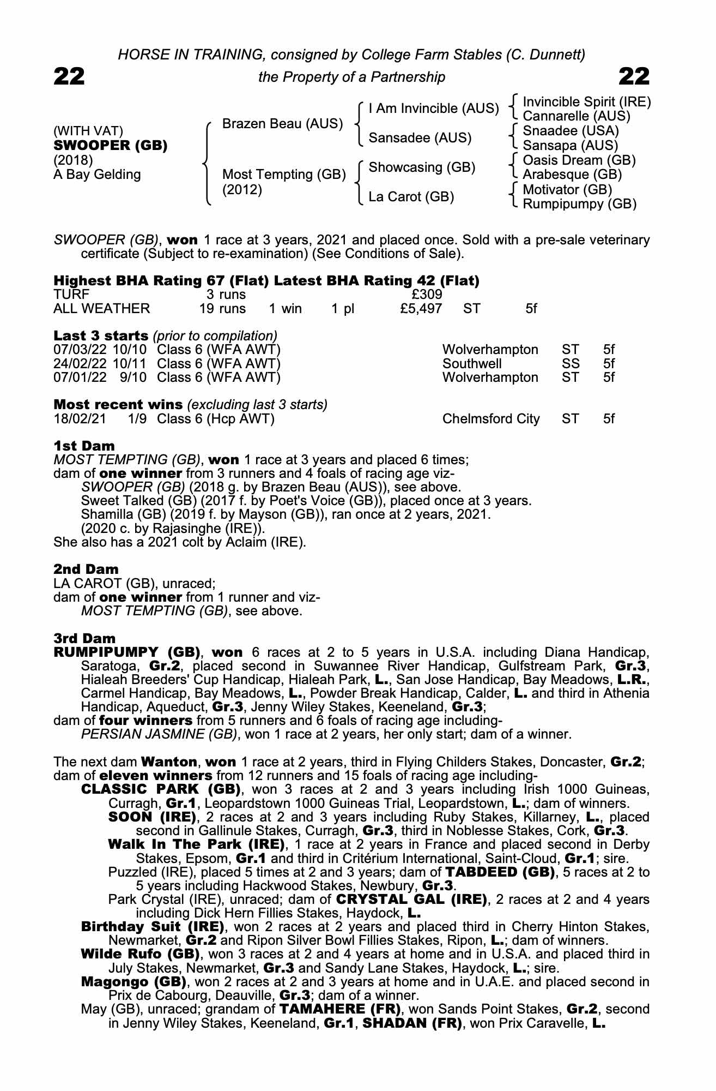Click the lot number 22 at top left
tap(69, 77)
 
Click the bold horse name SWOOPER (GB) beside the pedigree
tap(110, 146)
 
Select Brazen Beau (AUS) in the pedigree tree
tap(282, 124)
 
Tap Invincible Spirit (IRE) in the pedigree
tap(586, 102)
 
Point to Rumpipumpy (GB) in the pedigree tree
tap(579, 204)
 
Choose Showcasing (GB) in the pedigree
tap(422, 167)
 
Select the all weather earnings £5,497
tap(420, 309)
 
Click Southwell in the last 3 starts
tap(471, 363)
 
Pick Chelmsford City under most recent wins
tap(490, 419)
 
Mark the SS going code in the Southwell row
tap(570, 363)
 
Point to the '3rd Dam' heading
tap(84, 638)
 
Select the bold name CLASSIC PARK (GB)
tap(161, 789)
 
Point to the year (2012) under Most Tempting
tap(242, 190)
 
